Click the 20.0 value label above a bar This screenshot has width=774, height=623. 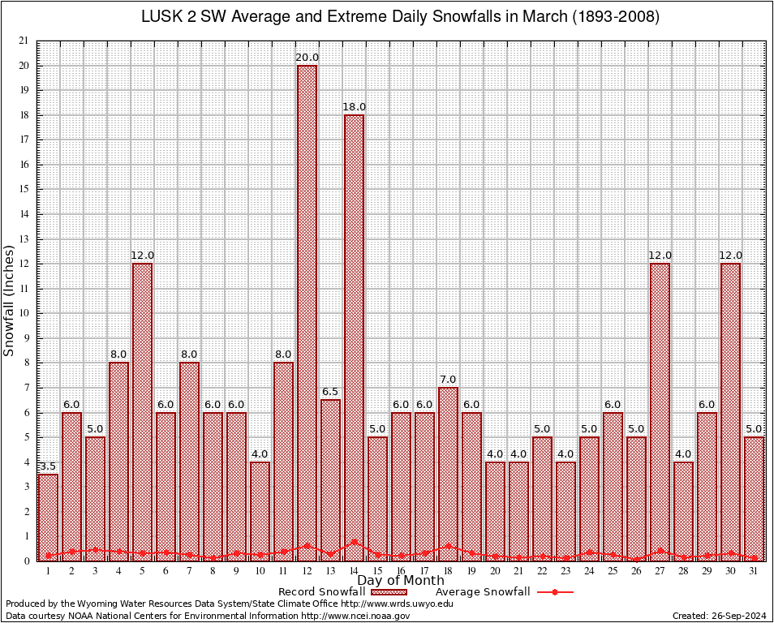coord(307,58)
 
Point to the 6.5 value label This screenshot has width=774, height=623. coord(330,392)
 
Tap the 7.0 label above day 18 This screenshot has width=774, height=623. coord(448,380)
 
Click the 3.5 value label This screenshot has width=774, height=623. coord(48,466)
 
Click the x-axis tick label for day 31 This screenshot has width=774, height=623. coord(754,571)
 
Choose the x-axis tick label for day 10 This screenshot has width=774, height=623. coord(260,571)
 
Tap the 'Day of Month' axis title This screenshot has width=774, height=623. coord(401,581)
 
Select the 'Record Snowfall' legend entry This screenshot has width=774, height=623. coord(325,592)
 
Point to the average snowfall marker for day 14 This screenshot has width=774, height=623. coord(354,542)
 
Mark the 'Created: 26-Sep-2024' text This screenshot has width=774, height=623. coord(719,616)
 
